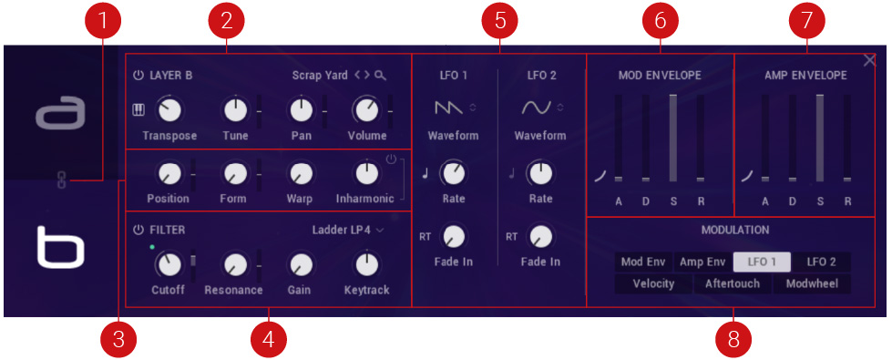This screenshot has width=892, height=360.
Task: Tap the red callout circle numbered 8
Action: pos(733,340)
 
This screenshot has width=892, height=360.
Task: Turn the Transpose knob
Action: pos(169,110)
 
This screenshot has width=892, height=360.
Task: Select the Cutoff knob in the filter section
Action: pos(168,264)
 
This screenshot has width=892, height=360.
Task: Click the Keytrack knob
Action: pos(367,264)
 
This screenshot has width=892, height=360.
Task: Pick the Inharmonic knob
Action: pos(364,173)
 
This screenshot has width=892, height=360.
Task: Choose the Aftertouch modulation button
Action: pos(733,283)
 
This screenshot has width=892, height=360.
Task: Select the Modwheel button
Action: pos(812,283)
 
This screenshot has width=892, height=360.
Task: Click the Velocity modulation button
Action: pos(653,283)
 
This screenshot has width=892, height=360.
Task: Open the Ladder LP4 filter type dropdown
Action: pos(348,231)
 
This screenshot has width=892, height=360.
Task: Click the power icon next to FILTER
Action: pos(138,231)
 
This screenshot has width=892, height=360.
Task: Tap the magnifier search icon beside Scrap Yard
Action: pos(381,76)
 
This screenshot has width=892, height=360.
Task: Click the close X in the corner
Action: pos(869,60)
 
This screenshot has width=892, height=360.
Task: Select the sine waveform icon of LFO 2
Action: pos(537,108)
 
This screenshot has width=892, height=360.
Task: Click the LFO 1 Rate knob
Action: pos(454,173)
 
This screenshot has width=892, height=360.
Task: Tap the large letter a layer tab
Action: pos(60,113)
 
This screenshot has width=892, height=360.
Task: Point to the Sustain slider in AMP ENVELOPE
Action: pos(820,139)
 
